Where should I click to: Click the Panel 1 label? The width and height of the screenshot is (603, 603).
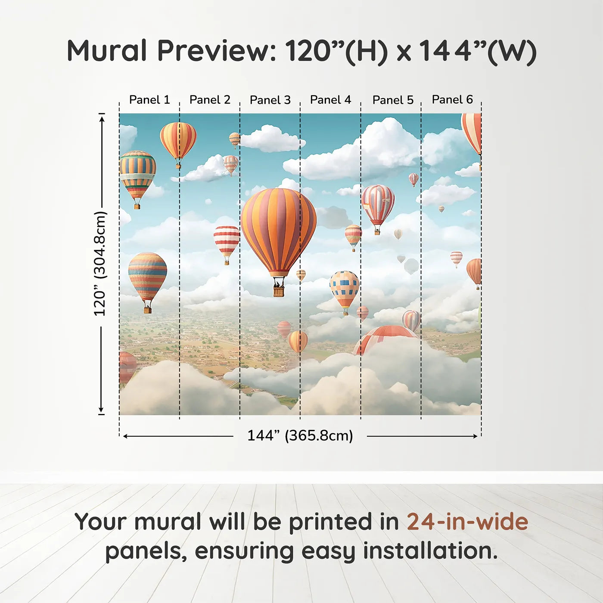point(149,100)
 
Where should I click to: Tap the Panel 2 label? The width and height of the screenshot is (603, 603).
point(210,100)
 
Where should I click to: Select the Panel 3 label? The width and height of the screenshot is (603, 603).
point(270,100)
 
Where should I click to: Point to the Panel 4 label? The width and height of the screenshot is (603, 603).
point(330,100)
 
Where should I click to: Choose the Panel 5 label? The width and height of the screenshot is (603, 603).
point(393,100)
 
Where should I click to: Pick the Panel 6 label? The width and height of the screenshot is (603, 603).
point(452,99)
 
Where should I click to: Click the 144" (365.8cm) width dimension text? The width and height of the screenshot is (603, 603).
point(300,435)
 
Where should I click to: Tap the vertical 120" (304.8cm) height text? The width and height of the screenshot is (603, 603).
point(100,264)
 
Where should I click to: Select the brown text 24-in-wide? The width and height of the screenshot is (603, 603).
point(467,522)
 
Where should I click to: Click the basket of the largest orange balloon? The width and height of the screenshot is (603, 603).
point(279,291)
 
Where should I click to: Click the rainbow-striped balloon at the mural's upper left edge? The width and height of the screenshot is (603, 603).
point(137,174)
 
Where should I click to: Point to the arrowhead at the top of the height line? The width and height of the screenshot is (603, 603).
point(102,118)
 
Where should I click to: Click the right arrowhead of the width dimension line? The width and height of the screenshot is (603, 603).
point(475,436)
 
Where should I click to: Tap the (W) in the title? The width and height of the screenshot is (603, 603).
point(512,52)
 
